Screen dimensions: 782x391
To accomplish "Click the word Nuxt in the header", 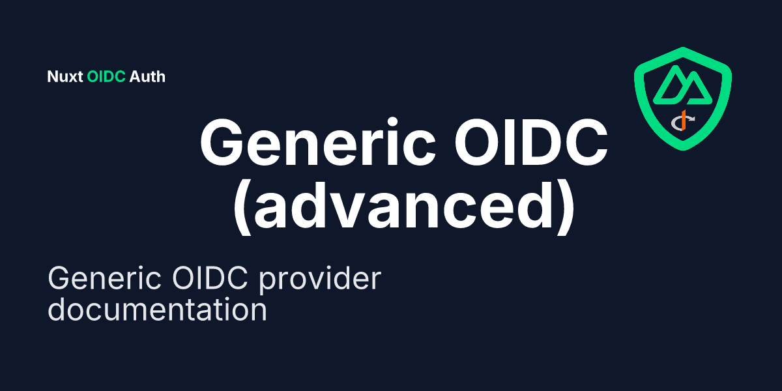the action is [x=65, y=77].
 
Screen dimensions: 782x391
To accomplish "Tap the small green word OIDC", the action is [x=106, y=77].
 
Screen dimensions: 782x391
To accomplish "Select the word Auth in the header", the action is [x=147, y=77].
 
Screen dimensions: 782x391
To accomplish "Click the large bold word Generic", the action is [x=318, y=143].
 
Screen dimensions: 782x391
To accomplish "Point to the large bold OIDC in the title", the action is [x=531, y=143].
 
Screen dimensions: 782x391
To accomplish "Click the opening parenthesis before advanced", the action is [x=242, y=208].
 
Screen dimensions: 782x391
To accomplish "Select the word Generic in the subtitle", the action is [x=104, y=278].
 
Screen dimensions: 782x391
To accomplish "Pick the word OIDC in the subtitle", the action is [x=210, y=278].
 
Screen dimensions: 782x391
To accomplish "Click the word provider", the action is [x=320, y=280].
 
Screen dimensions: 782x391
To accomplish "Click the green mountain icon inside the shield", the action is [x=682, y=85].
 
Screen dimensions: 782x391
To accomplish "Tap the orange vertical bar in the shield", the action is [x=684, y=120].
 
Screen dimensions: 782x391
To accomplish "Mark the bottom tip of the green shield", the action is [x=683, y=151].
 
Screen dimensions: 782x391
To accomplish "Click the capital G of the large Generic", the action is [x=222, y=143].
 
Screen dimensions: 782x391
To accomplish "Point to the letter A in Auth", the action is [x=135, y=77].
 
